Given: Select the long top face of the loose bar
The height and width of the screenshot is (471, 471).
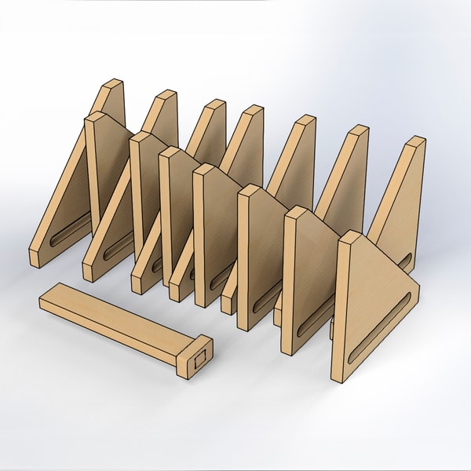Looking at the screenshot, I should click(118, 311).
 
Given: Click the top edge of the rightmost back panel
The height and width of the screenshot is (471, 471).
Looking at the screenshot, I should click(415, 142).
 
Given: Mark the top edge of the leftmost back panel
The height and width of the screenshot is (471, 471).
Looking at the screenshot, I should click(113, 84).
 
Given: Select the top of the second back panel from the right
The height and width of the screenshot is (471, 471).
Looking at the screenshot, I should click(356, 130).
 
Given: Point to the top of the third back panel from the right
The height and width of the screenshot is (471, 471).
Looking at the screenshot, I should click(302, 121).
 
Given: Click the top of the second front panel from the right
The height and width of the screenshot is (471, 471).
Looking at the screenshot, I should click(294, 212).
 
